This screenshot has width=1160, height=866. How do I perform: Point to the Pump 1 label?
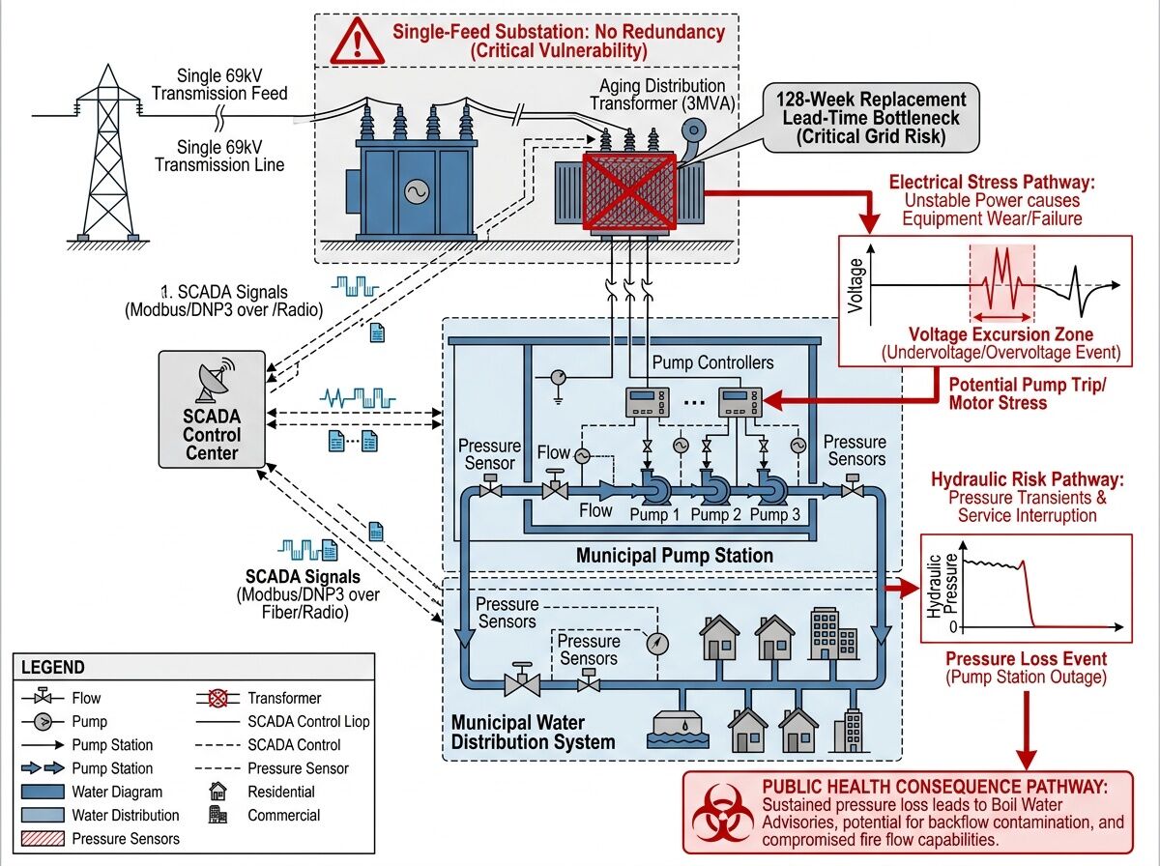(x=655, y=514)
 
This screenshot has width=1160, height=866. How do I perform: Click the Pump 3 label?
(x=775, y=514)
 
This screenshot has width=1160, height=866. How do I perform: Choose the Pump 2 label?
(x=715, y=514)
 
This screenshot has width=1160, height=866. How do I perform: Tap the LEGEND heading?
(x=52, y=667)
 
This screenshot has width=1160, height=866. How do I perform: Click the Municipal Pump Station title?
(x=674, y=556)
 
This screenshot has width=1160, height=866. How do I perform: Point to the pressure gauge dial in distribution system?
(x=656, y=642)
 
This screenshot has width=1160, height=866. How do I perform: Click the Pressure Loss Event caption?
(x=1025, y=659)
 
